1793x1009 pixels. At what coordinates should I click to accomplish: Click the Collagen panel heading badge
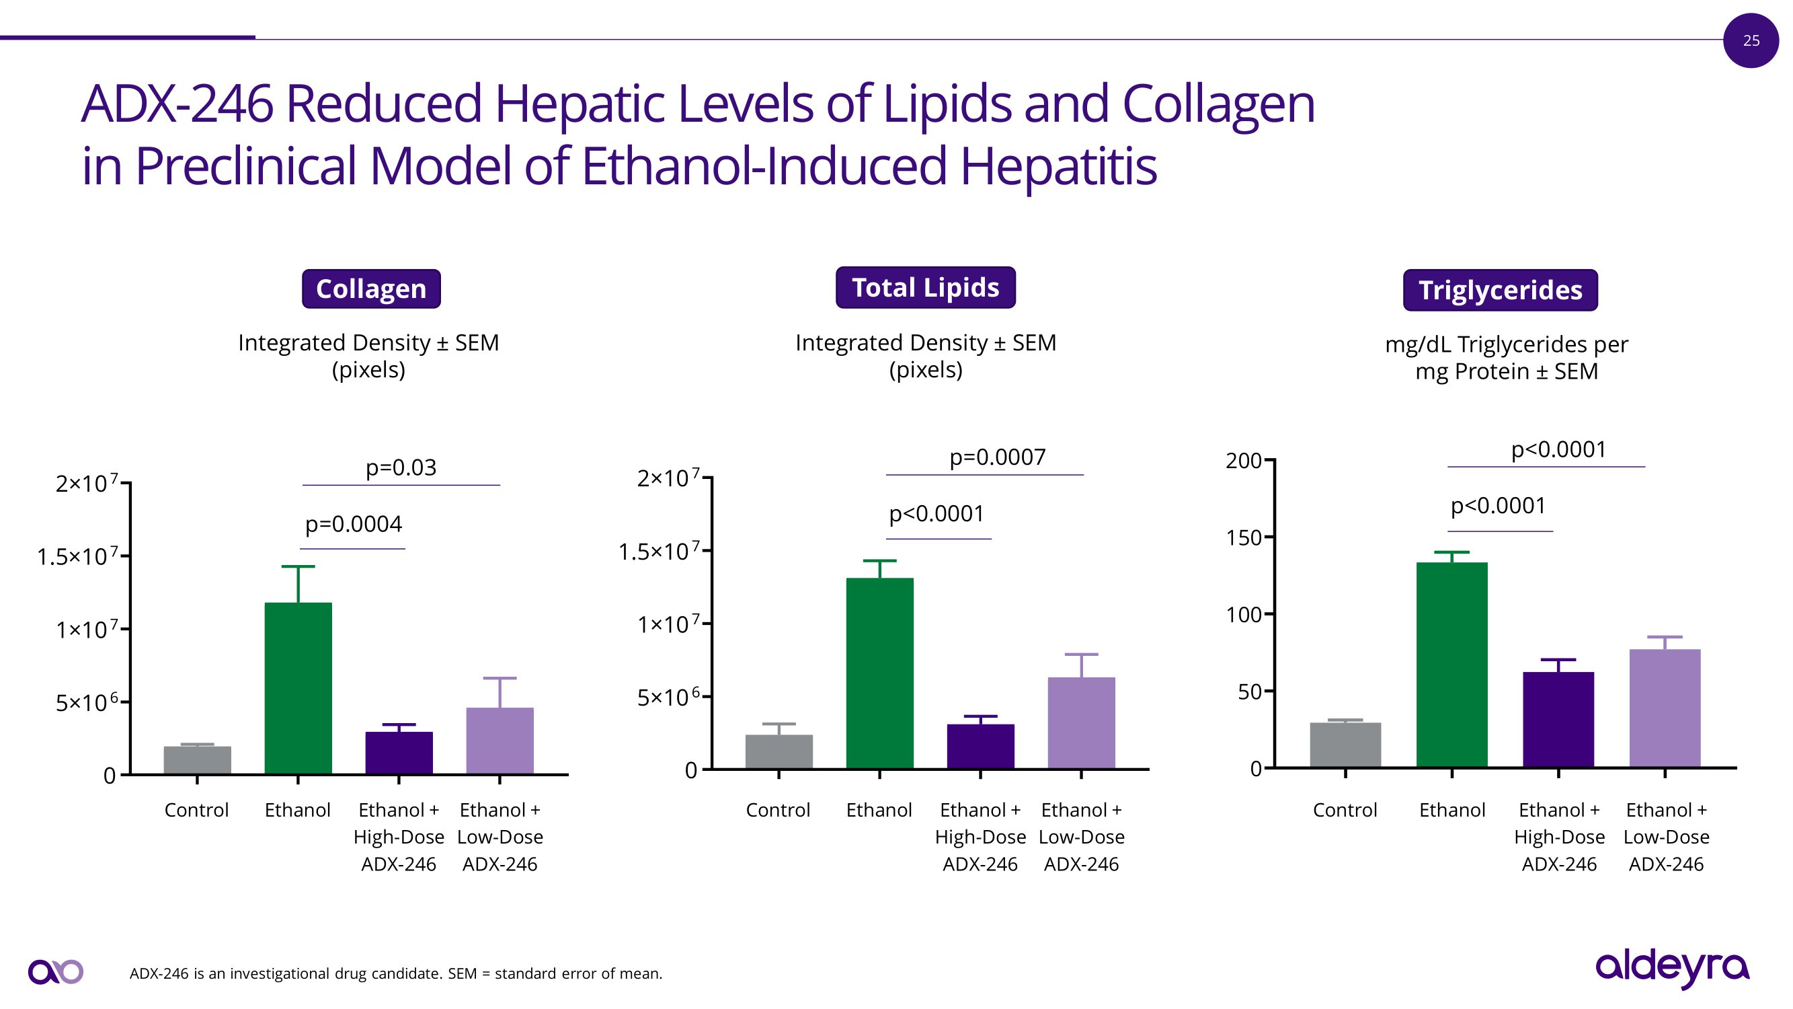click(371, 289)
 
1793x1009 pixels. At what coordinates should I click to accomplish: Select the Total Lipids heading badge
click(925, 288)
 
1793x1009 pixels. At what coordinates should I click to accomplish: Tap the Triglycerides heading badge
click(1500, 291)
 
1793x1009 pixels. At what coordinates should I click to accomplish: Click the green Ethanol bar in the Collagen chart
click(298, 688)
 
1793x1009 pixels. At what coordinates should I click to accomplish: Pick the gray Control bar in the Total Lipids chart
click(778, 752)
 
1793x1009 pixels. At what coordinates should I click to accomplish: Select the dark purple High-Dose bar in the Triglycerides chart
click(1558, 719)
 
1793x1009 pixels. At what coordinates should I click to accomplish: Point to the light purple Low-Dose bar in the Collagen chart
click(500, 740)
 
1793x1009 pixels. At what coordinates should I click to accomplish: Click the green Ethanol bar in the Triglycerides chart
click(1451, 665)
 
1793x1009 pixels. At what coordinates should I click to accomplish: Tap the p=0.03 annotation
click(401, 468)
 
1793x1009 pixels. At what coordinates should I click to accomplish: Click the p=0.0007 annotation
click(998, 457)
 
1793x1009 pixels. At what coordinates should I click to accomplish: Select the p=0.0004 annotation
click(354, 523)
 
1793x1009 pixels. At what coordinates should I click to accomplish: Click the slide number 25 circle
click(1751, 40)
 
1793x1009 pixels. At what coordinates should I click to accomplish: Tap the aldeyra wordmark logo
click(1672, 968)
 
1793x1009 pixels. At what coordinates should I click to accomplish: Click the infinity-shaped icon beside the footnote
click(56, 971)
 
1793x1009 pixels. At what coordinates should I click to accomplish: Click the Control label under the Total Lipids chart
click(777, 810)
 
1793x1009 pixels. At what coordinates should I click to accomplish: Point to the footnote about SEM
click(395, 973)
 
